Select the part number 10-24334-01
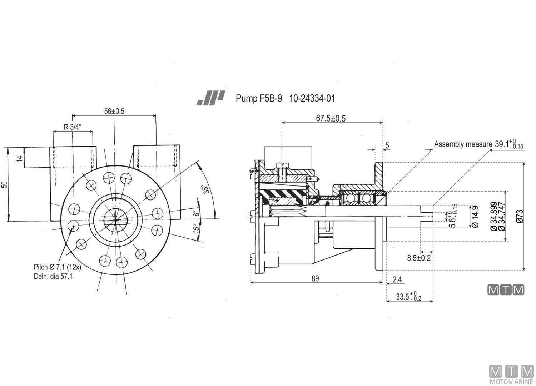coord(312,98)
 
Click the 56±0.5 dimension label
coord(114,111)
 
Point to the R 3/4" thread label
coord(73,127)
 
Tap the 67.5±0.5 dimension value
coord(331,118)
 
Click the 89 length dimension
coord(315,278)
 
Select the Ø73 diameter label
coord(520,216)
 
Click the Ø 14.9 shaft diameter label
coord(475,217)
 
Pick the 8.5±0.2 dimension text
coord(419,258)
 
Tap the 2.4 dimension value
coord(397,279)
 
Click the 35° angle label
coord(206,189)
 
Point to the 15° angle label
coord(196,229)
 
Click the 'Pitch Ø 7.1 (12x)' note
coord(57,267)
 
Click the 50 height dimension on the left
coord(4,185)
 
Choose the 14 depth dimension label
coord(20,158)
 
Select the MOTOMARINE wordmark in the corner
coord(511,381)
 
